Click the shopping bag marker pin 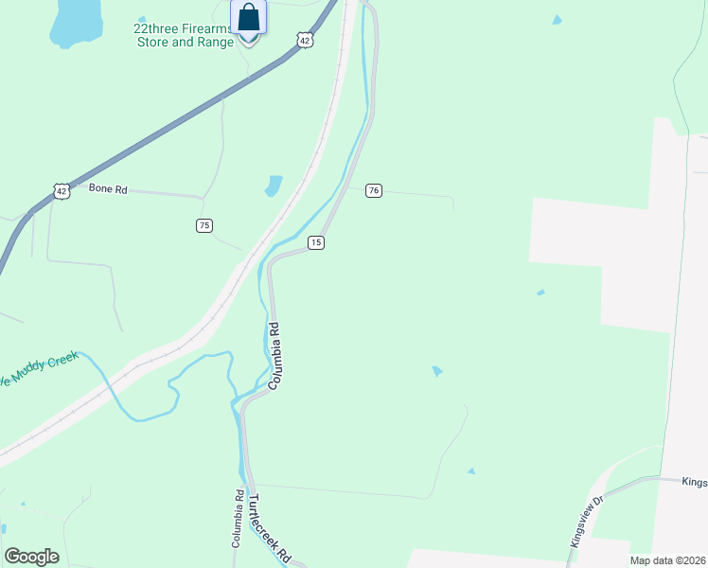[x=248, y=19]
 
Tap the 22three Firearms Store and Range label [x=185, y=35]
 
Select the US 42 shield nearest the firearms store [x=303, y=40]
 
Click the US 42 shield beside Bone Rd [x=62, y=190]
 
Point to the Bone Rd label [x=108, y=188]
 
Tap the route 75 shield [x=204, y=225]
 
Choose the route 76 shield [x=374, y=190]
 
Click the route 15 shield [x=316, y=243]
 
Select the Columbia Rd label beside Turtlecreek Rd [x=239, y=520]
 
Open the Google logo [x=32, y=556]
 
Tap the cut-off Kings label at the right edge [x=694, y=482]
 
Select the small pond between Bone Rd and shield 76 [x=274, y=185]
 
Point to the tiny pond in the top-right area [x=557, y=20]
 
